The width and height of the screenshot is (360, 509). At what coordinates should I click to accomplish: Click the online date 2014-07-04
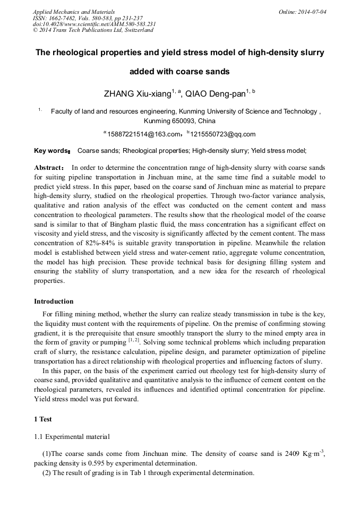tap(312, 11)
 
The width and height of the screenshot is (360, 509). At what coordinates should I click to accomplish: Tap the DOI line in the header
tap(94, 24)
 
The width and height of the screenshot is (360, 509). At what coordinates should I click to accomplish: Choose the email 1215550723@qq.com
tap(222, 134)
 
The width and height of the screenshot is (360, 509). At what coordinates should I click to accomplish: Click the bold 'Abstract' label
tap(49, 167)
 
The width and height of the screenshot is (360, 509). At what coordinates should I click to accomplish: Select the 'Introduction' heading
tap(54, 301)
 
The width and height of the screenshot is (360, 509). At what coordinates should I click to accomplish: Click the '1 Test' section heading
tap(42, 419)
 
